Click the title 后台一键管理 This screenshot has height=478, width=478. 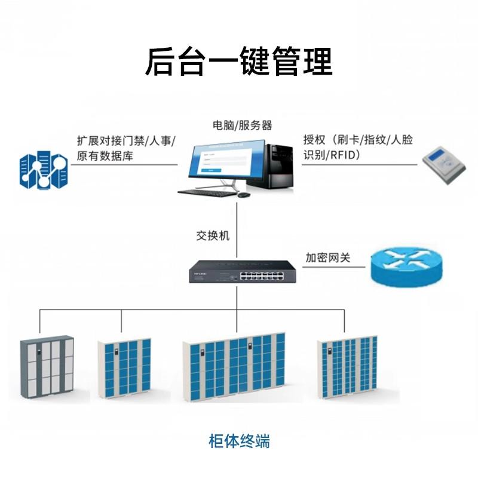(x=238, y=62)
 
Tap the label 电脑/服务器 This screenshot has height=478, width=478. (x=243, y=125)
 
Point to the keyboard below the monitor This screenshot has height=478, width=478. (x=206, y=192)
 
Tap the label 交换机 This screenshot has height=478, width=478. (x=213, y=235)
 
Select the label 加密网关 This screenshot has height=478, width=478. (x=327, y=258)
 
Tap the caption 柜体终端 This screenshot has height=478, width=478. (x=239, y=442)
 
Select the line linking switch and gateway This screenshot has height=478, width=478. (x=333, y=267)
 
